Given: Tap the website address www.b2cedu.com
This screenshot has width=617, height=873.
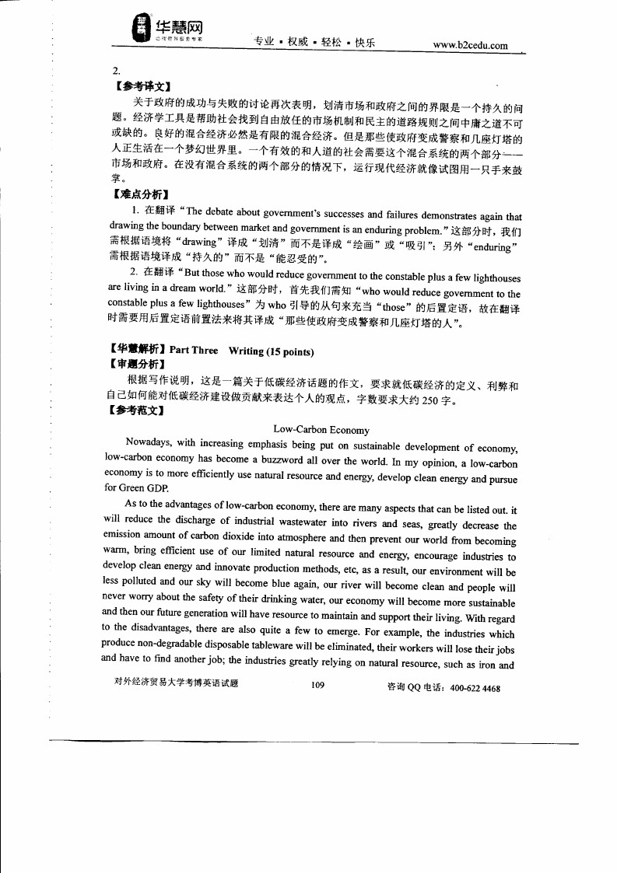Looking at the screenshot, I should tap(470, 45).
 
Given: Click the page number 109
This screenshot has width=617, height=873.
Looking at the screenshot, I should tap(316, 685).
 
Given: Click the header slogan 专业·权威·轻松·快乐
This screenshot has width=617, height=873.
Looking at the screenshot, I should tap(314, 43).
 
